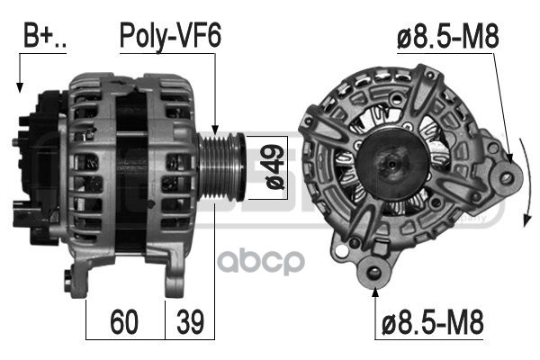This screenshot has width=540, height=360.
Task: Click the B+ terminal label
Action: pos(44,35)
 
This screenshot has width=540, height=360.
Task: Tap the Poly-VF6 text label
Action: pos(170,37)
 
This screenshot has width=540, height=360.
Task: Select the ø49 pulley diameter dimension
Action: pos(275,167)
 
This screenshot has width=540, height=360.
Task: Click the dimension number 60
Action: pos(124,322)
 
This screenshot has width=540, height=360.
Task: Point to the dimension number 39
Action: pos(190,322)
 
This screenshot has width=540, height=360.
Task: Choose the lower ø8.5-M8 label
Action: pos(433,322)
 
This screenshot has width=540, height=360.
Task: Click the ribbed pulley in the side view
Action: pos(222,167)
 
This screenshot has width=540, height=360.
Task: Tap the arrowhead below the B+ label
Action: pos(20,87)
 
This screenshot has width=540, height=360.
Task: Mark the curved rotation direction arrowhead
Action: pos(526,220)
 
